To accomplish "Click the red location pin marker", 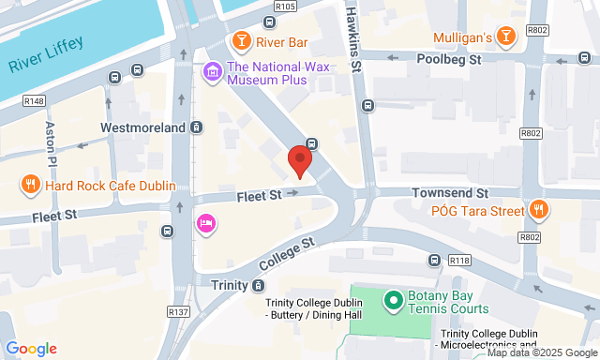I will [300, 159].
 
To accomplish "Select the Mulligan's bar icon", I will [506, 37].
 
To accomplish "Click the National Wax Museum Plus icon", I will [213, 70].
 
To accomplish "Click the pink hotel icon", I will [205, 223].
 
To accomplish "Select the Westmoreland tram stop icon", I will [196, 127].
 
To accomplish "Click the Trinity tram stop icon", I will [258, 285].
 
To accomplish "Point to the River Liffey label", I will [46, 54].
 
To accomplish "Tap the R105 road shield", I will [286, 7].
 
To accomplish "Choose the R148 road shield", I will [36, 100].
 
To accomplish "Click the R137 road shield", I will [178, 311].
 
